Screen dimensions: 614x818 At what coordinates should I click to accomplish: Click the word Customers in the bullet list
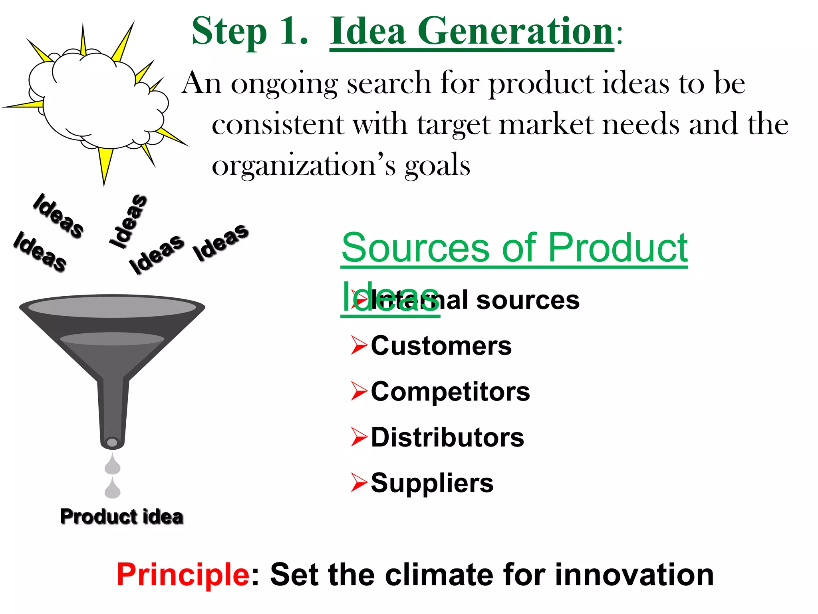pos(441,346)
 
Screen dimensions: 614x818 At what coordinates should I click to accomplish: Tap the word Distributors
pos(447,437)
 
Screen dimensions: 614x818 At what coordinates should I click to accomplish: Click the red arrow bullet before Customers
pos(359,346)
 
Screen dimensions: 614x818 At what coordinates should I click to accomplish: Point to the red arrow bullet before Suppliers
pos(359,483)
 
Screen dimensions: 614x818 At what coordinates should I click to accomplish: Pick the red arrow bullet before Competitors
pos(359,391)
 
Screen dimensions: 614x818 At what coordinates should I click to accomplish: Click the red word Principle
pos(183,575)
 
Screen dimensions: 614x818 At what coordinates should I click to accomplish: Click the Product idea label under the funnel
pos(121,516)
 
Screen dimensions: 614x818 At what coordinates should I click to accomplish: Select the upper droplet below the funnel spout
pos(113,464)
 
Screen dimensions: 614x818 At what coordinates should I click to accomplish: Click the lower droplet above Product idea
pos(113,488)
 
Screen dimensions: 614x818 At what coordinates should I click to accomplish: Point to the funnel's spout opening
pos(113,443)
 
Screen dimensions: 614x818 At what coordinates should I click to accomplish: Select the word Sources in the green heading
pos(415,248)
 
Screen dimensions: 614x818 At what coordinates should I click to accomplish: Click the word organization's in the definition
pos(304,165)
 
